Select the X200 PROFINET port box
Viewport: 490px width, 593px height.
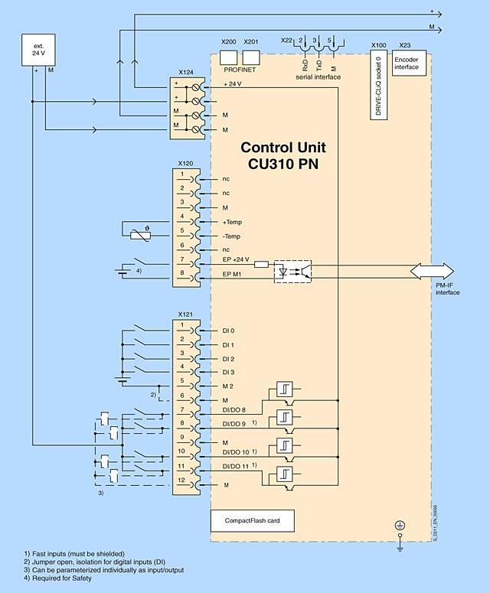tap(228, 57)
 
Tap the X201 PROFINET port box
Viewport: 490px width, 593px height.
tap(250, 57)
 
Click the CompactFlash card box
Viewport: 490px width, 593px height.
tap(252, 521)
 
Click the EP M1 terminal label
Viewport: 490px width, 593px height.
tap(233, 274)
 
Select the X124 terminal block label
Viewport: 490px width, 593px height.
tap(185, 73)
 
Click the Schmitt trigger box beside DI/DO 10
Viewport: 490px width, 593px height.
tap(286, 446)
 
